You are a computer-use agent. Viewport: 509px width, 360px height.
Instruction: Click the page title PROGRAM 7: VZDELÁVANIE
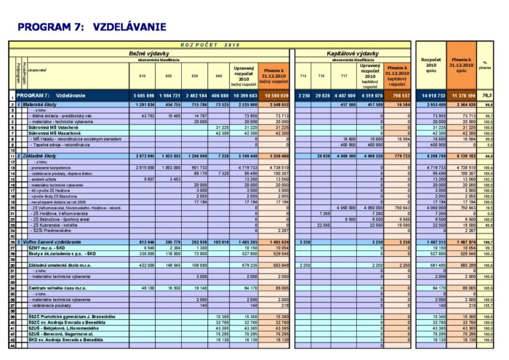point(91,27)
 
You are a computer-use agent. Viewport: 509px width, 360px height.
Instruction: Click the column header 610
point(143,76)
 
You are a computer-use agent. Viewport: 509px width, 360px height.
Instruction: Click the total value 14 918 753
point(428,95)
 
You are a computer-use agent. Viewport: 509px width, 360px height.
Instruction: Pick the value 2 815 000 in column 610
point(143,167)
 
